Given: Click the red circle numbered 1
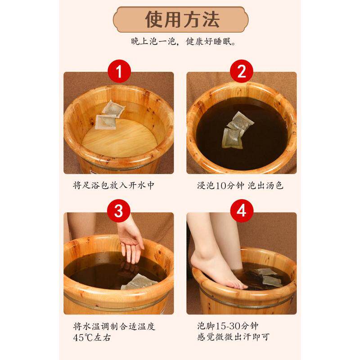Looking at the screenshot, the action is (119, 71).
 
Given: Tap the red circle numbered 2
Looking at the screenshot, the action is (242, 71).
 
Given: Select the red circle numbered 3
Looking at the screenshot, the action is (119, 211).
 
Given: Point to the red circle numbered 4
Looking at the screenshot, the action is (242, 211).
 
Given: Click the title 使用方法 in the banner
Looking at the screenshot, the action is (183, 19).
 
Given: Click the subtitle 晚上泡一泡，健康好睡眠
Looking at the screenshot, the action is (184, 41).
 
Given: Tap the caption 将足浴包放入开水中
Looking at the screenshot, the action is (114, 185).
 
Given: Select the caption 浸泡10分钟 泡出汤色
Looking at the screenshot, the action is (240, 185).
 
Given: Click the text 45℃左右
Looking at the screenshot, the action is (92, 337).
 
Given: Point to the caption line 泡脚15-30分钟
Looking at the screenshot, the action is (228, 326).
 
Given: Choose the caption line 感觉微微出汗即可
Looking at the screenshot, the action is (233, 337).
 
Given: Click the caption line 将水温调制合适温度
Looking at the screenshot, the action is (114, 326).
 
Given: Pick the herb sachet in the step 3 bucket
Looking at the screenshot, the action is (139, 282).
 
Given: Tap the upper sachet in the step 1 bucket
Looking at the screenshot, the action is (113, 108).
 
